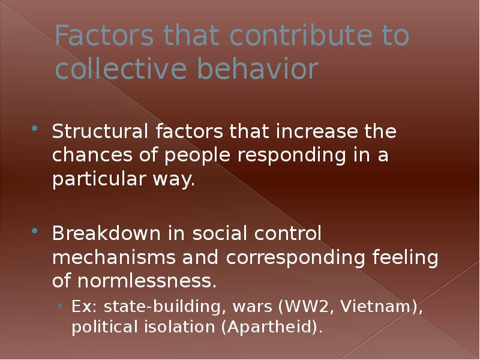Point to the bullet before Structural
coord(35,128)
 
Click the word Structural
coord(100,131)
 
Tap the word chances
coord(92,155)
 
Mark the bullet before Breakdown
coord(35,230)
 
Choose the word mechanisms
coord(113,257)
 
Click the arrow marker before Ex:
coord(60,305)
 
